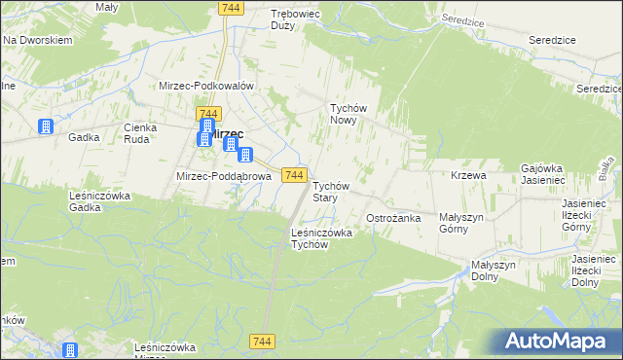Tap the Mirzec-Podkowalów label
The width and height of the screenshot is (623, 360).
206,86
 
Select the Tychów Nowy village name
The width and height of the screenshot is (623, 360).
348,115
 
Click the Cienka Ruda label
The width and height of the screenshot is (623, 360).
141,133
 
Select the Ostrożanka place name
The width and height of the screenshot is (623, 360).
393,218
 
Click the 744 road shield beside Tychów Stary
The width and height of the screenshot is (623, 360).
295,175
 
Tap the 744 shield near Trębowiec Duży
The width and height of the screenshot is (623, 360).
231,8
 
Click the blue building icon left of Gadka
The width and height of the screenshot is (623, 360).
45,126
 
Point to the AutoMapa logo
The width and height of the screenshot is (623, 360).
559,341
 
